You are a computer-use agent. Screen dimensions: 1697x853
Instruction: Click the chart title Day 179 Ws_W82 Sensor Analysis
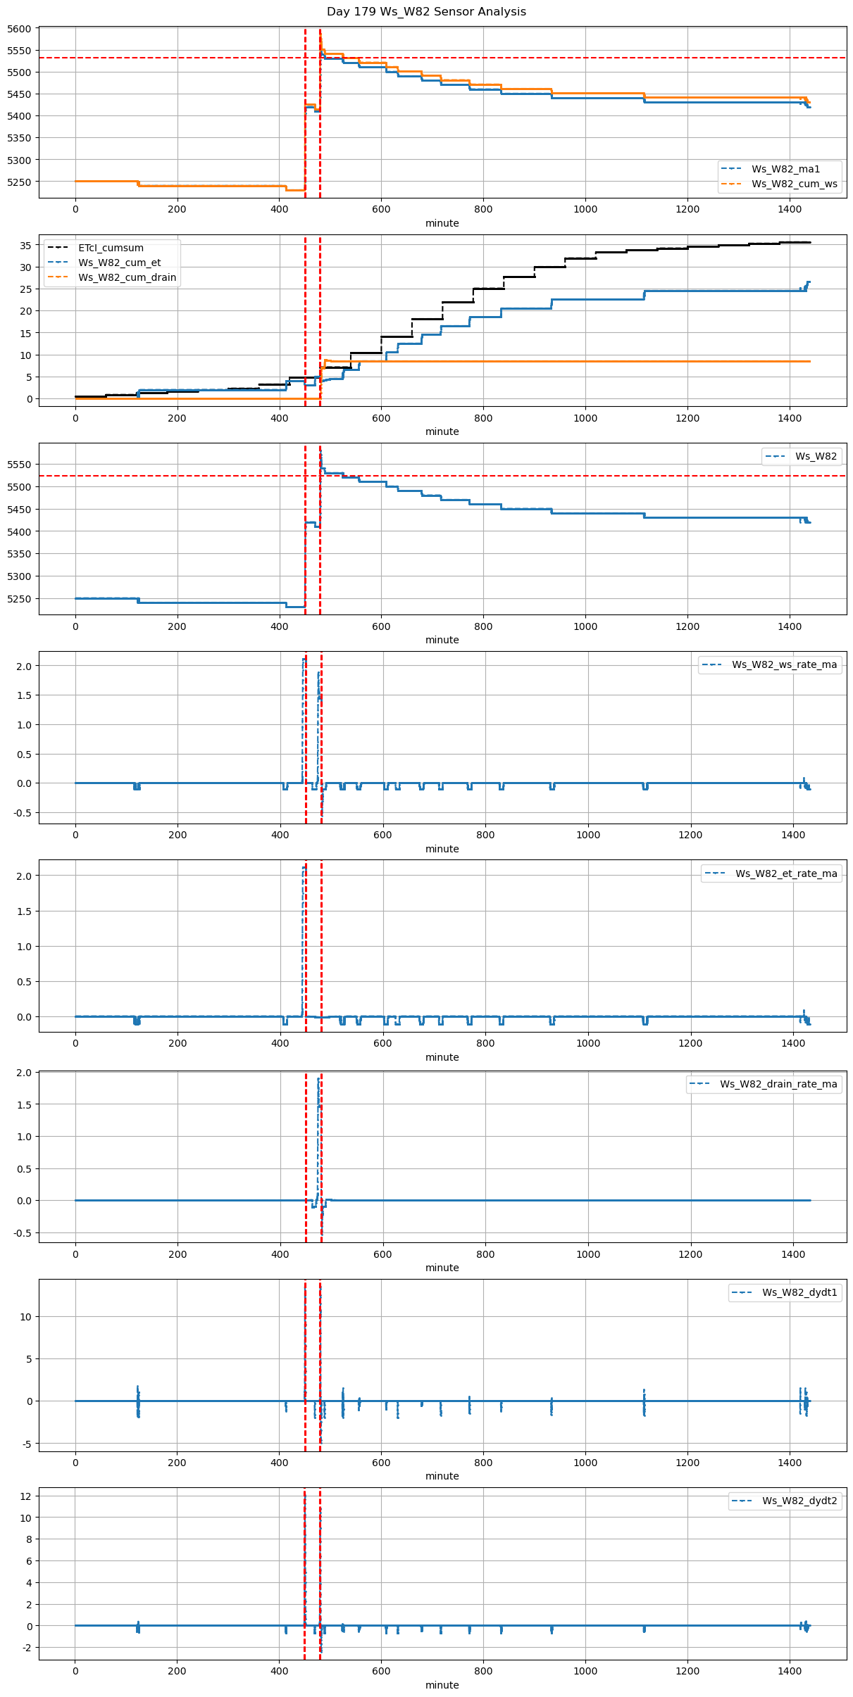[x=426, y=12]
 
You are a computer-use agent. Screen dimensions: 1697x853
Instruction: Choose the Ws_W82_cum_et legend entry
[x=119, y=263]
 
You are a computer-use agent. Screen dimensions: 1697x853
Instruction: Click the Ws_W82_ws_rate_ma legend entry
[x=784, y=664]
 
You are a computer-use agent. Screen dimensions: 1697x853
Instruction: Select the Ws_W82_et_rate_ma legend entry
[x=786, y=873]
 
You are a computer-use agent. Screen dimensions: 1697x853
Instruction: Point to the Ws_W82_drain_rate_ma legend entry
[x=778, y=1084]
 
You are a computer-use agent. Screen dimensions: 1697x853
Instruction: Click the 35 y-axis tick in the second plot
[x=26, y=246]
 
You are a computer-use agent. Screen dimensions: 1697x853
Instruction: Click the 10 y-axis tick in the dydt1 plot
[x=26, y=1317]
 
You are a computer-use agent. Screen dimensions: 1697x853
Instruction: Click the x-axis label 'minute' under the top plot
[x=442, y=223]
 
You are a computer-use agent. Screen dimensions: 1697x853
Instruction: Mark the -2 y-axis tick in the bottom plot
[x=26, y=1648]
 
